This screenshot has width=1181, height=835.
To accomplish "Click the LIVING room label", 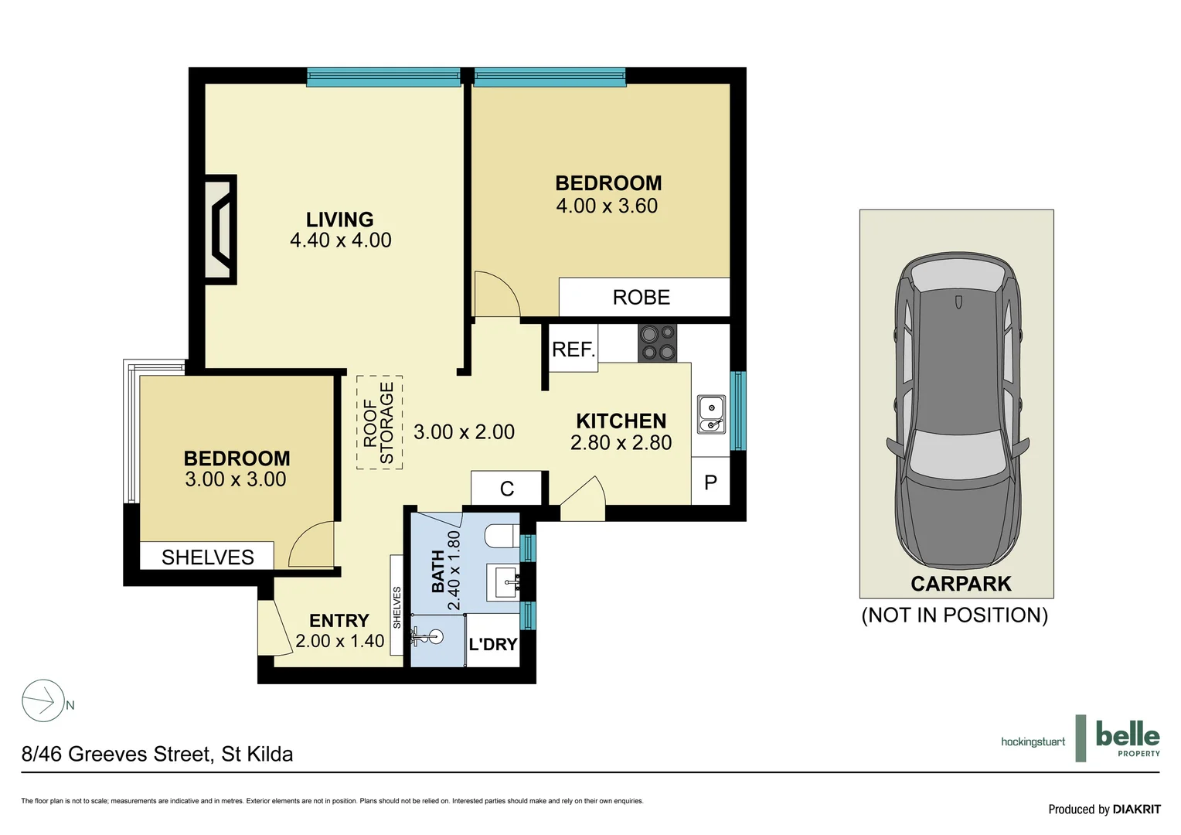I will point(339,220).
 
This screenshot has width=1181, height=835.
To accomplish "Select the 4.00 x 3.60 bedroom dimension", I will point(607,206).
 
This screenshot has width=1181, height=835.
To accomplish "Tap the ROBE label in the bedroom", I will point(641,298).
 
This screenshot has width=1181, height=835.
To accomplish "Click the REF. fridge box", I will point(573,349).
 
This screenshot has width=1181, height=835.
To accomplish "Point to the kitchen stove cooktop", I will point(657,343).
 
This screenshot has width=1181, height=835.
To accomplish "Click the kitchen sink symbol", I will point(711,414).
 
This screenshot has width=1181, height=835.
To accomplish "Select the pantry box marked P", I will point(710,483).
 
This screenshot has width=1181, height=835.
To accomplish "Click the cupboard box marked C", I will point(507,489).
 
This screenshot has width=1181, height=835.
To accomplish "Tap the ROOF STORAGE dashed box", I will point(379,423).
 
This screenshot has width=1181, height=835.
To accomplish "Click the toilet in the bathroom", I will point(502,536).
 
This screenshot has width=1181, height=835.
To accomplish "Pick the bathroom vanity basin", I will point(505,581).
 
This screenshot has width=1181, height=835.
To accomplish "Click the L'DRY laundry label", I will point(493,644).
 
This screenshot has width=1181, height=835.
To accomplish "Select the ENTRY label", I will point(339,621).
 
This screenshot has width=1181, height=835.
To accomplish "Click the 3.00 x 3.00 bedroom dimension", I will point(236,479).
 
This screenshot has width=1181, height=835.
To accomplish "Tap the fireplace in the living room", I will point(220,230).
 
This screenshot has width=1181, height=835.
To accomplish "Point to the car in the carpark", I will point(957,410).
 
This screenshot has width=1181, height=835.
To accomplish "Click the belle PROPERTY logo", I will point(1127,738).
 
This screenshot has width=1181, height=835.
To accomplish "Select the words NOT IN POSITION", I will point(955,615).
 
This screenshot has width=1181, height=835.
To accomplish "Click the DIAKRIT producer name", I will point(1136,809).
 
